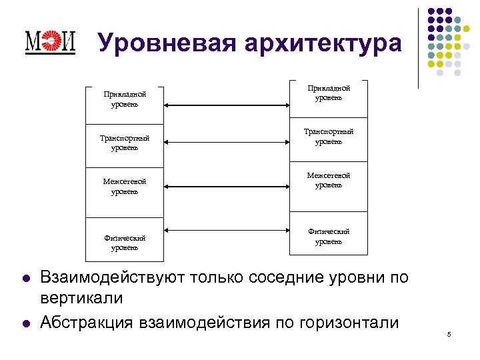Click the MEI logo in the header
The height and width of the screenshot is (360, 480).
(50, 43)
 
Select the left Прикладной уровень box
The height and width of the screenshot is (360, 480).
(125, 99)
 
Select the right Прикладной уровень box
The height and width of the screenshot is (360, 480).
(328, 93)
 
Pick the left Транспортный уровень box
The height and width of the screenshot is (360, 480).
(125, 143)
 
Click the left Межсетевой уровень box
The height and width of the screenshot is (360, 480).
(125, 186)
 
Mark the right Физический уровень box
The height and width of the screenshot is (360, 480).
(328, 236)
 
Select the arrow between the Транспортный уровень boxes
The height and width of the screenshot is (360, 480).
(227, 141)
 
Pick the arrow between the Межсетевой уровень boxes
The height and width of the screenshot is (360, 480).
(227, 186)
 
